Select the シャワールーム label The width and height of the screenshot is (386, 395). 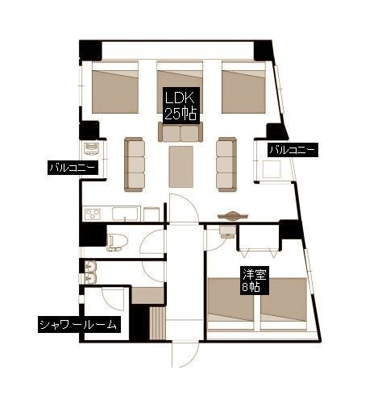[x=78, y=325]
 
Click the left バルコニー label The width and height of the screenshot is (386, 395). [x=73, y=168]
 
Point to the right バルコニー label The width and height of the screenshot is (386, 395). [x=293, y=149]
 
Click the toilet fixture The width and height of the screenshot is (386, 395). [x=116, y=242]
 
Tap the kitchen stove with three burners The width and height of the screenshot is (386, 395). [x=92, y=214]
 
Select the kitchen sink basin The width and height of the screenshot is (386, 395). [x=125, y=214]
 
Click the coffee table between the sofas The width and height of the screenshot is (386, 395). [x=181, y=167]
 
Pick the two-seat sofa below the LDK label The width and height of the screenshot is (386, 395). [x=181, y=131]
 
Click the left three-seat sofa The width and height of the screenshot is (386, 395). [x=135, y=164]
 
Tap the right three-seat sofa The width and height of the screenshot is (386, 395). [x=227, y=164]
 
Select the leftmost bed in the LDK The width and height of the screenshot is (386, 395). [x=115, y=87]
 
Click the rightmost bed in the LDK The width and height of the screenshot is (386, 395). [x=243, y=87]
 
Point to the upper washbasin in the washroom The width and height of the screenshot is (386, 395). [x=90, y=266]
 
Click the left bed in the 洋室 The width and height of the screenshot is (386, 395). [x=230, y=304]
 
